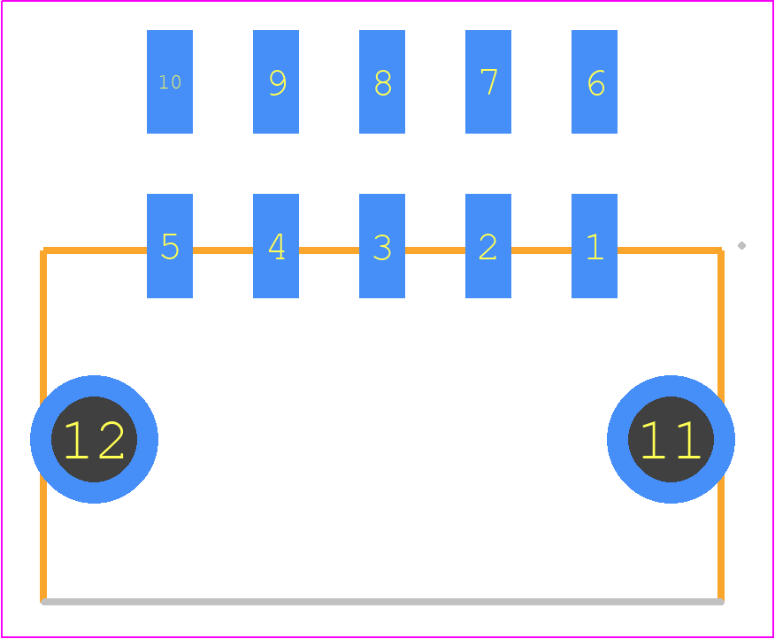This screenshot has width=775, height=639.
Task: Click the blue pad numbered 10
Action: coord(170,81)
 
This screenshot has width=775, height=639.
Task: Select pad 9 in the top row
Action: coord(276,81)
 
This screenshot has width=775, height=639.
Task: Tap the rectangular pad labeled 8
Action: coord(382,81)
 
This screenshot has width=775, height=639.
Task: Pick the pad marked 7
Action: coord(488,81)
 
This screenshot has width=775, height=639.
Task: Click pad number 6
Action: coord(595,81)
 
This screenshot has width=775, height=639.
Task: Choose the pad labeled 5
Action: coord(170,246)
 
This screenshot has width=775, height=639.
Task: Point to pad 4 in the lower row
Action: coord(276,246)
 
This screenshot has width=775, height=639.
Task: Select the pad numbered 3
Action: coord(382,246)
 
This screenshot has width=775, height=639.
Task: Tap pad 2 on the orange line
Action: coord(488,246)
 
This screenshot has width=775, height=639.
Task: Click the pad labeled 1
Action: coord(595,246)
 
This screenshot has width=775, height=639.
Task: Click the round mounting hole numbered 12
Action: coord(94,439)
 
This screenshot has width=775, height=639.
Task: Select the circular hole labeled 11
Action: coord(671,439)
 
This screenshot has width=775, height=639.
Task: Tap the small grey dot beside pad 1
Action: coord(741,245)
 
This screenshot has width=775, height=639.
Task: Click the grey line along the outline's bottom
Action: coord(382,602)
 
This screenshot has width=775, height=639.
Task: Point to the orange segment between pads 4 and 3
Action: coord(329,250)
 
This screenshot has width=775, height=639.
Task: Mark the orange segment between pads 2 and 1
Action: coord(541,250)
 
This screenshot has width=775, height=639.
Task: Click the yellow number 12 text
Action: coord(94,440)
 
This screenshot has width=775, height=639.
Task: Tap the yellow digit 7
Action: coord(489,81)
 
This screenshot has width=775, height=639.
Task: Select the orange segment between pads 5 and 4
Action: coord(223,250)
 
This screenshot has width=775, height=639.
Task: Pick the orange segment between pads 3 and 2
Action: coord(435,250)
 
